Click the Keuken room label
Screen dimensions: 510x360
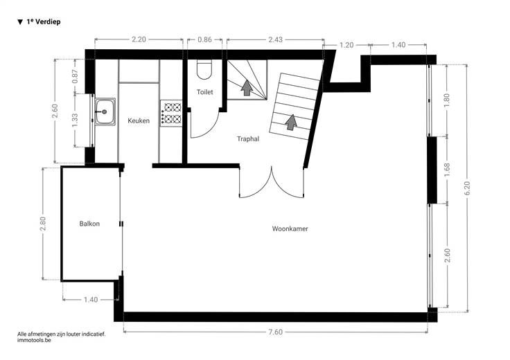click(x=139, y=120)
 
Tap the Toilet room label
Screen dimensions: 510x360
click(x=204, y=92)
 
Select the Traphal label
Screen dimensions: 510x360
click(x=248, y=139)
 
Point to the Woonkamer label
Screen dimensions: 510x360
click(x=290, y=228)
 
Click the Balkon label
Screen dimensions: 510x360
click(x=89, y=224)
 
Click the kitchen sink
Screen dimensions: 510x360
click(x=105, y=111)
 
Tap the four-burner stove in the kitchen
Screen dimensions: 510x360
click(x=171, y=113)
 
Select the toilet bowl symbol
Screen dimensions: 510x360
click(x=204, y=69)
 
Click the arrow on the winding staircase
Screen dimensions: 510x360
click(x=247, y=88)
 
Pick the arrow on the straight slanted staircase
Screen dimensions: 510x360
click(x=291, y=122)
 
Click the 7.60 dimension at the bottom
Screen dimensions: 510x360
click(x=276, y=332)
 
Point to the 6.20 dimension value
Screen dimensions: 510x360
click(x=467, y=188)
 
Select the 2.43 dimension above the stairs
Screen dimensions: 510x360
click(x=276, y=39)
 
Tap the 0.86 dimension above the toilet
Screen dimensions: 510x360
click(x=204, y=39)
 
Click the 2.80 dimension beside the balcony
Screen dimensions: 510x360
click(x=42, y=224)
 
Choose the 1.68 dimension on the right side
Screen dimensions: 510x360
click(x=447, y=170)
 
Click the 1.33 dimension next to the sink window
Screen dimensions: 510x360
click(x=75, y=120)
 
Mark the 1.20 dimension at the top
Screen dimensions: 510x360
click(x=346, y=45)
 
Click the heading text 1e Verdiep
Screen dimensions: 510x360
click(x=43, y=21)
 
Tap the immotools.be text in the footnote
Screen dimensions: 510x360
click(x=34, y=340)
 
